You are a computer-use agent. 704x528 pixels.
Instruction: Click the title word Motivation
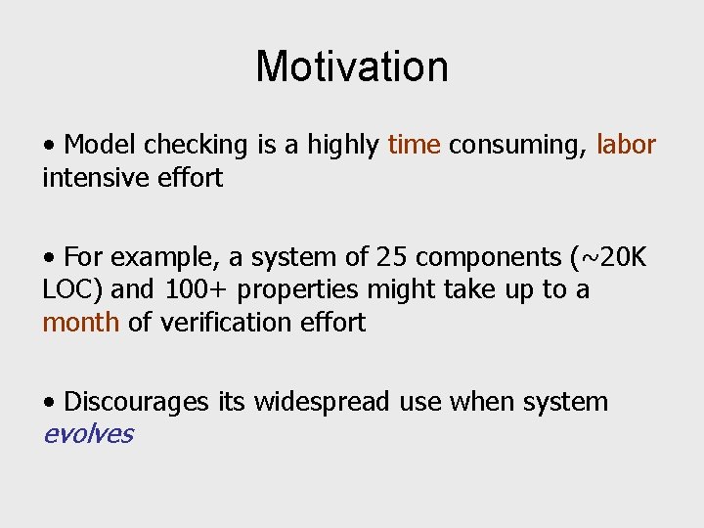[x=352, y=67]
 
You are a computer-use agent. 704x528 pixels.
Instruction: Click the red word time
[x=414, y=145]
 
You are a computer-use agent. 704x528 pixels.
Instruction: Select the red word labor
[x=625, y=145]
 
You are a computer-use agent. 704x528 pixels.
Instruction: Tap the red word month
[x=81, y=323]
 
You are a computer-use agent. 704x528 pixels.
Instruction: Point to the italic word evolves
[x=87, y=434]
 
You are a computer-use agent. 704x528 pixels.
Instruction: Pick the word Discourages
[x=136, y=402]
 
